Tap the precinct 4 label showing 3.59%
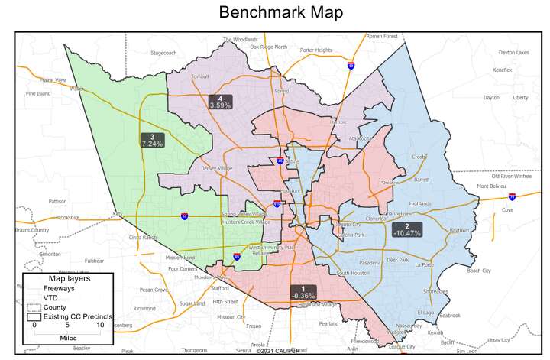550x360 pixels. [220, 102]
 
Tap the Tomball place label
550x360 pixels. [199, 77]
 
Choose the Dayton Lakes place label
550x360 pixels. [513, 53]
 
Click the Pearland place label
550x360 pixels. [350, 323]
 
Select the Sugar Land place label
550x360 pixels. [191, 303]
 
